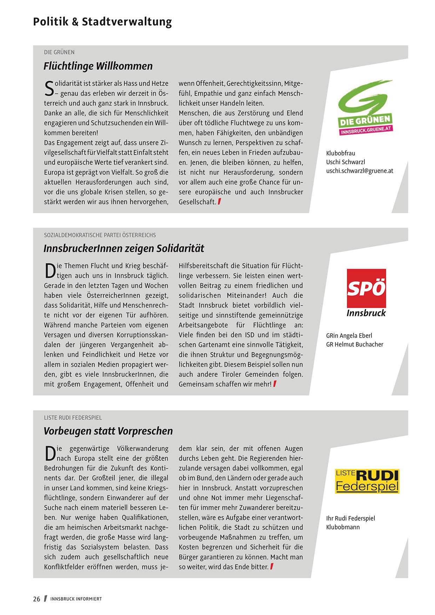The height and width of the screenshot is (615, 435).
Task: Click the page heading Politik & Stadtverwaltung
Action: click(102, 22)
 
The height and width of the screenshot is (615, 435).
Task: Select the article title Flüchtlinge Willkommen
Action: click(98, 66)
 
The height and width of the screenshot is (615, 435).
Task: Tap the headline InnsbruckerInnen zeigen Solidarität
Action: click(123, 248)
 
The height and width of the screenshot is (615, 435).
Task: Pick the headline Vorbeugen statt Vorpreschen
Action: click(108, 431)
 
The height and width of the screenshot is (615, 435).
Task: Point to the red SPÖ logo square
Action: click(366, 288)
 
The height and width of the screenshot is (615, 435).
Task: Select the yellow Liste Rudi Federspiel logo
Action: click(367, 481)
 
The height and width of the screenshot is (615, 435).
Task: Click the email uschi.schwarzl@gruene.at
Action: click(360, 171)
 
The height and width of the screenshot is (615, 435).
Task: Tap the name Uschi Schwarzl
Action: click(346, 162)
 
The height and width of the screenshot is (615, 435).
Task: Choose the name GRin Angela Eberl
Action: click(349, 336)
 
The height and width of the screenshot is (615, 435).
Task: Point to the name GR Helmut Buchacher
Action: click(355, 344)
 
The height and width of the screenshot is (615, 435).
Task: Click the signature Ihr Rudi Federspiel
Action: click(350, 518)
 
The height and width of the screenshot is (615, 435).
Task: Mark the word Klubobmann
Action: click(343, 527)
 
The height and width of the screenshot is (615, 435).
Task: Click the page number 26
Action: click(37, 599)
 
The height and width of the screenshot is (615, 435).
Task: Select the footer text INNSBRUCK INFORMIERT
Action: click(76, 599)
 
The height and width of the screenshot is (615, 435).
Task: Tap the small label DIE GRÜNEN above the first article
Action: click(59, 52)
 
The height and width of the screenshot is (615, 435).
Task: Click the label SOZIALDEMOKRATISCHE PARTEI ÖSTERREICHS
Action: click(100, 235)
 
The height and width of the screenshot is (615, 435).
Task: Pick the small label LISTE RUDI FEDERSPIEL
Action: click(73, 418)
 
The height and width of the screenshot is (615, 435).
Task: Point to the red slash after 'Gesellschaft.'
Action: click(219, 202)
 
